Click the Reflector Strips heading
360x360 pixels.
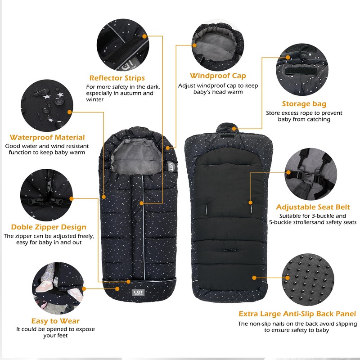coord(117,78)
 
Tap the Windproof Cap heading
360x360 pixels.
coord(218,76)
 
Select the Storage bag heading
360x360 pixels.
coord(304,104)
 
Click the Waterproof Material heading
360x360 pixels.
coord(47,137)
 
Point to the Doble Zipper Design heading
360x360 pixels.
coord(49,227)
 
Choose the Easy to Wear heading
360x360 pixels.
coord(55,321)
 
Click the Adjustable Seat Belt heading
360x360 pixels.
coord(313,207)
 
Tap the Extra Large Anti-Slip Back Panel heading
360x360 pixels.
coord(297,314)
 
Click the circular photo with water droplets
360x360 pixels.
coord(45,103)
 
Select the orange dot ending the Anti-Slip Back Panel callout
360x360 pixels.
coord(254,279)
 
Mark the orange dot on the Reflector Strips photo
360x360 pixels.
coord(144,36)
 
